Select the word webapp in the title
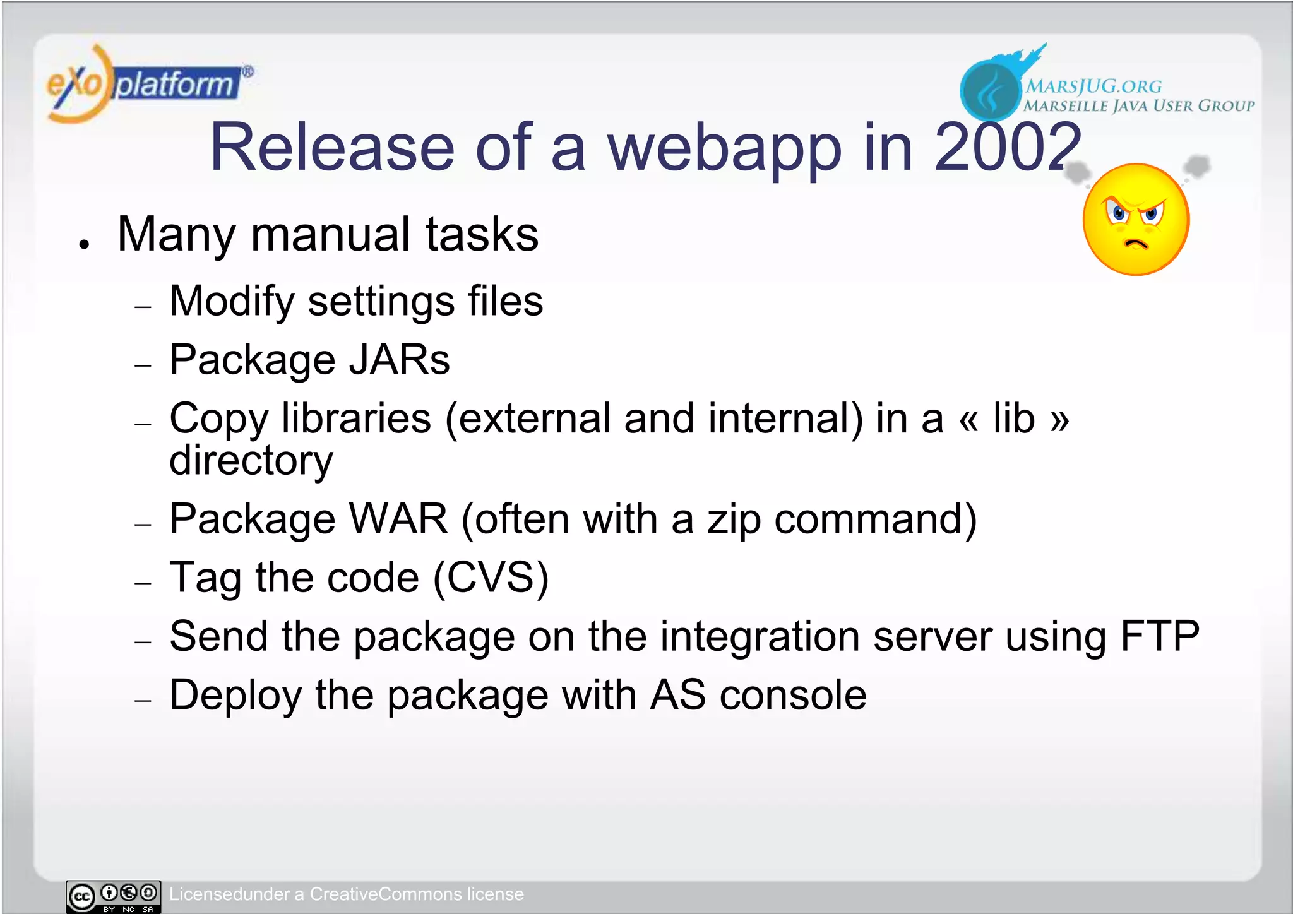click(724, 148)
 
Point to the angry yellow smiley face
click(1136, 220)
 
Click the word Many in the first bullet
click(176, 235)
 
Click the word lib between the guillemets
click(1013, 418)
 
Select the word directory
click(251, 460)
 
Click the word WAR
click(398, 519)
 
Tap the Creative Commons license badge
click(113, 896)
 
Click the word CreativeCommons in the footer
click(385, 894)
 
